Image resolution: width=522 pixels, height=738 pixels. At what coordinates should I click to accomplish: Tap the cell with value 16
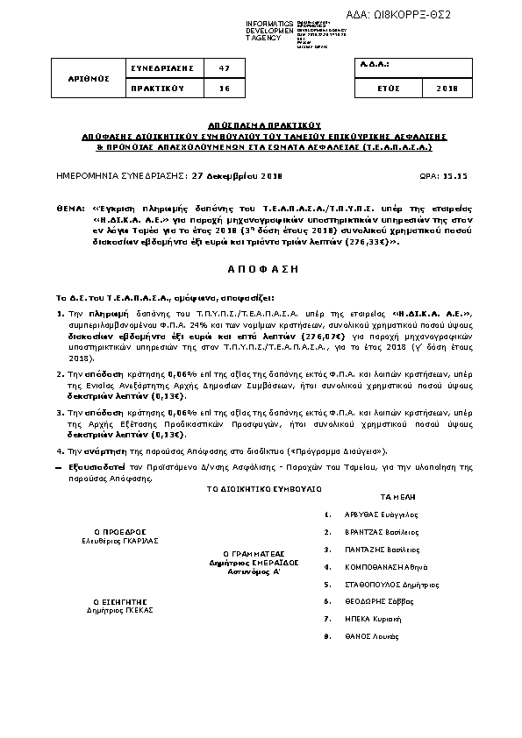point(223,89)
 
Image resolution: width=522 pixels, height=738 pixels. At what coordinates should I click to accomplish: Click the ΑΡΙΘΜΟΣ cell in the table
point(89,78)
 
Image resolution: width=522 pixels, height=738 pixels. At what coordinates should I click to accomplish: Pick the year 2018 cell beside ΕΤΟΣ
point(447,89)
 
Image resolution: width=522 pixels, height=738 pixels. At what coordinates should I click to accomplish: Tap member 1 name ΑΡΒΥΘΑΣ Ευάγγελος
point(381,515)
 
